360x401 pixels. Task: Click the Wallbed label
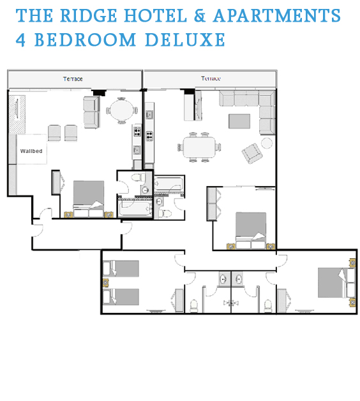pos(31,151)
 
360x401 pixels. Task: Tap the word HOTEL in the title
pos(155,16)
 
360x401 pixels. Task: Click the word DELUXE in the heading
pos(185,40)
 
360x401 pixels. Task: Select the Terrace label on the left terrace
pos(73,79)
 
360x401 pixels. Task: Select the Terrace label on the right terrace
pos(211,78)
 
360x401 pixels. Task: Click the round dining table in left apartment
pos(122,110)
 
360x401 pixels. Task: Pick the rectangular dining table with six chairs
pos(199,147)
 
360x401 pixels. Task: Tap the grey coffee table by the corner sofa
pos(239,121)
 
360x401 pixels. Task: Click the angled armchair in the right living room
pos(252,154)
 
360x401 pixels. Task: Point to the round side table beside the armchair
pos(267,143)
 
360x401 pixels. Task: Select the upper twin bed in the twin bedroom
pos(121,268)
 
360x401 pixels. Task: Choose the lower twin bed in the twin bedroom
pos(121,297)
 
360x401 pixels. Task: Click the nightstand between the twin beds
pos(105,283)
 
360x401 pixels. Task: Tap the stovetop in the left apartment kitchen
pos(137,131)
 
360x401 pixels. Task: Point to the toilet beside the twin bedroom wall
pos(194,306)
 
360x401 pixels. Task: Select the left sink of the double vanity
pos(223,279)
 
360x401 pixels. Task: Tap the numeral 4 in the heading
pos(20,40)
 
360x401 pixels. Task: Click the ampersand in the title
pos(199,16)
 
